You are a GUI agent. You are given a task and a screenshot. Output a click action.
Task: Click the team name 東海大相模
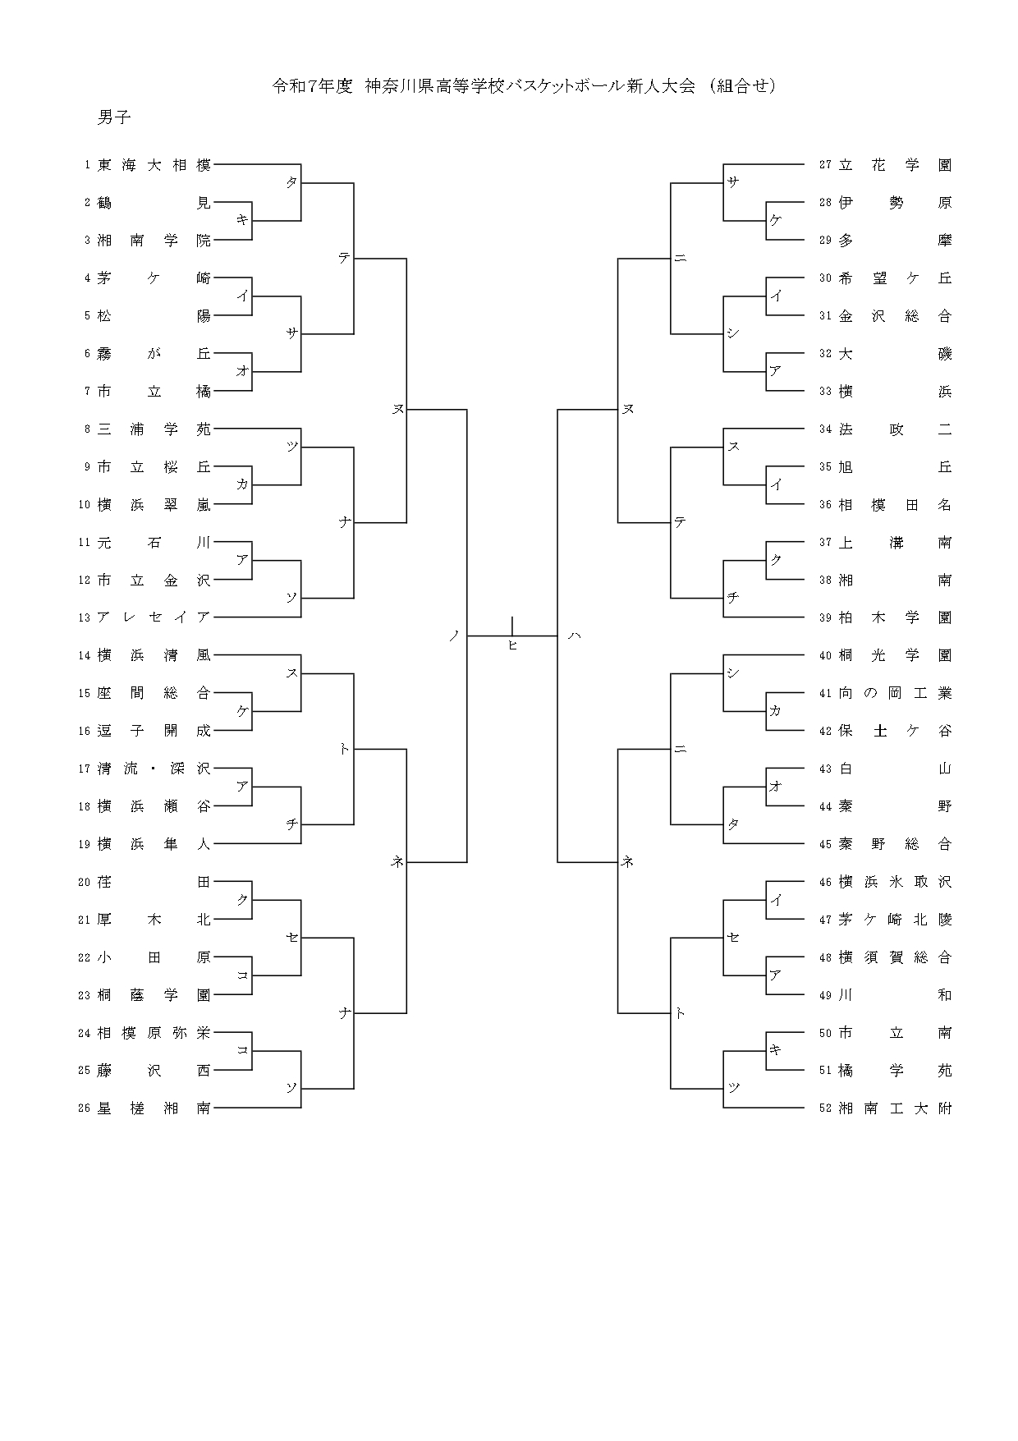tap(154, 165)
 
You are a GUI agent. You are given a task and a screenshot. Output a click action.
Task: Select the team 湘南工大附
tap(895, 1108)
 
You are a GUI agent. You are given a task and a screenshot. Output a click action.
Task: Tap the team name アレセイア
tap(154, 617)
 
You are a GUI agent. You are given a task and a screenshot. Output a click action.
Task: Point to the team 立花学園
tap(895, 165)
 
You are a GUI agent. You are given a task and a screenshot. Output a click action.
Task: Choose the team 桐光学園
tap(895, 655)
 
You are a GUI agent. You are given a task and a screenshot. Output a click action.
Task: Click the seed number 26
tap(84, 1108)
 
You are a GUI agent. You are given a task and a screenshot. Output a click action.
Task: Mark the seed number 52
tap(826, 1108)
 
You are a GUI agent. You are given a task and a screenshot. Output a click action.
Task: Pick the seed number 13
tap(84, 617)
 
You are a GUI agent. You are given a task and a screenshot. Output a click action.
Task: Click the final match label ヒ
tap(512, 645)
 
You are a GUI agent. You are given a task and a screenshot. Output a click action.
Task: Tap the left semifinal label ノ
tap(453, 635)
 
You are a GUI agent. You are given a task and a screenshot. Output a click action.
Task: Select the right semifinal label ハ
tap(574, 635)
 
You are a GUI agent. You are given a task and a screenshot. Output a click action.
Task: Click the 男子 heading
tap(114, 117)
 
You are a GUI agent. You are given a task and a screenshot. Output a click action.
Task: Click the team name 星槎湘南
tap(154, 1108)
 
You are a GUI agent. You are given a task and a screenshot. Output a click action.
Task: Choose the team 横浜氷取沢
tap(895, 882)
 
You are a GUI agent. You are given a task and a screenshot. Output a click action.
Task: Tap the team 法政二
tap(895, 429)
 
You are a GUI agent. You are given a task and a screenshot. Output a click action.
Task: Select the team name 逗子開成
tap(154, 731)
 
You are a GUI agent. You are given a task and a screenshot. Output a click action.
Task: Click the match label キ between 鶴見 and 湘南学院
tap(242, 219)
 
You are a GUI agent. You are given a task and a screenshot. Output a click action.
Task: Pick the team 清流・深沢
tap(154, 769)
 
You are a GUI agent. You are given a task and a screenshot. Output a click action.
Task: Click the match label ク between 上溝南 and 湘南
tap(776, 559)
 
